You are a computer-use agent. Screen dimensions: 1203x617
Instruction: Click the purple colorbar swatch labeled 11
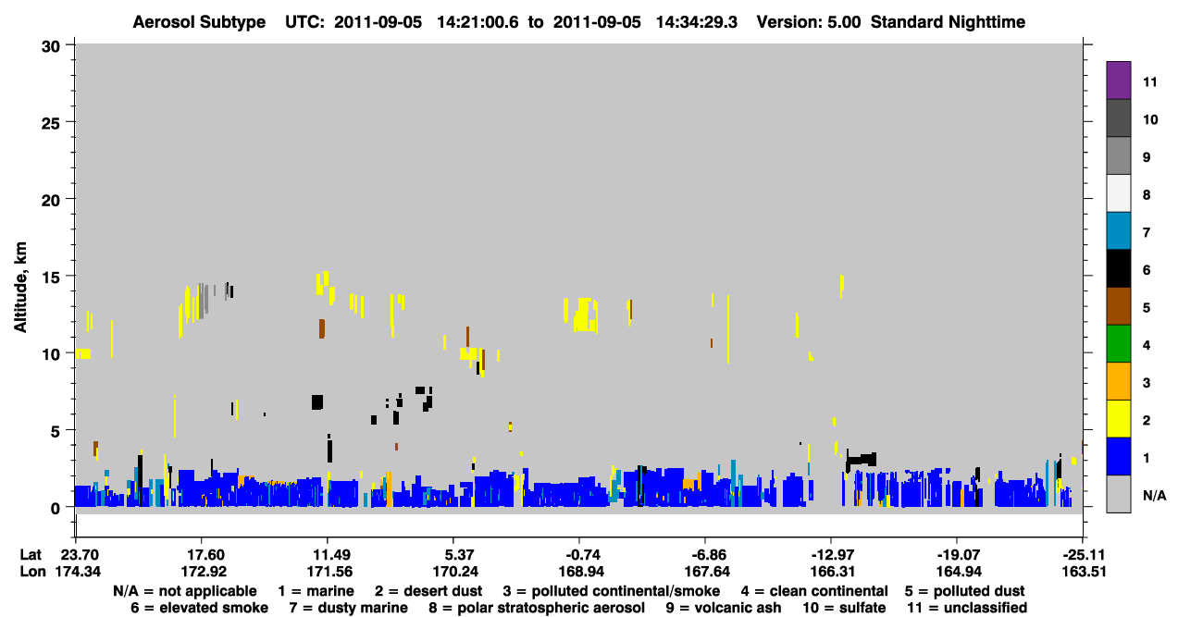1118,80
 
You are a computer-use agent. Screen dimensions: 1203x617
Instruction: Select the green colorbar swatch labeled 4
1118,344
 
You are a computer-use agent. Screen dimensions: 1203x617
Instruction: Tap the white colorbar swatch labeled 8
1118,193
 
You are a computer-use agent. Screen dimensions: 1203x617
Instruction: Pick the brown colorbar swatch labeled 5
1118,306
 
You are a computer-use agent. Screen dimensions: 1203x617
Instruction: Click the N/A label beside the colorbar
1154,495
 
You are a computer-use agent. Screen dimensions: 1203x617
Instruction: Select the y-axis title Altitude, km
20,288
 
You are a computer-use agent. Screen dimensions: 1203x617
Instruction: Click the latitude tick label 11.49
329,555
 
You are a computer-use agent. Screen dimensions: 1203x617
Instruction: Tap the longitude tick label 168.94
581,572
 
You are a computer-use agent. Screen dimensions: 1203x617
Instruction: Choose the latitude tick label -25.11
1083,555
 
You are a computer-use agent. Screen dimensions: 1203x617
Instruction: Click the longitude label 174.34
78,572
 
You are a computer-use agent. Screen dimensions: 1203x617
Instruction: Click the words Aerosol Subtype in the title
199,22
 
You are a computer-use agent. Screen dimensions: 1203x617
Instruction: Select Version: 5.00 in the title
809,22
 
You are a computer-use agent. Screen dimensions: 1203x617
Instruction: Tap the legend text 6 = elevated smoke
199,608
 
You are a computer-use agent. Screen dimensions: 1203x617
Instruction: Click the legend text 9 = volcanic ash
724,608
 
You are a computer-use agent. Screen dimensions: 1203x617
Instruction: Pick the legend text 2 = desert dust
428,591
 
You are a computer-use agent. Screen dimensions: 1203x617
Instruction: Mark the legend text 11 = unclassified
967,608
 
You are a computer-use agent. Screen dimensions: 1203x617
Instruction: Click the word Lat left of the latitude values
31,555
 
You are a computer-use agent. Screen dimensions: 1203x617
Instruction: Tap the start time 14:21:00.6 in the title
478,22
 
